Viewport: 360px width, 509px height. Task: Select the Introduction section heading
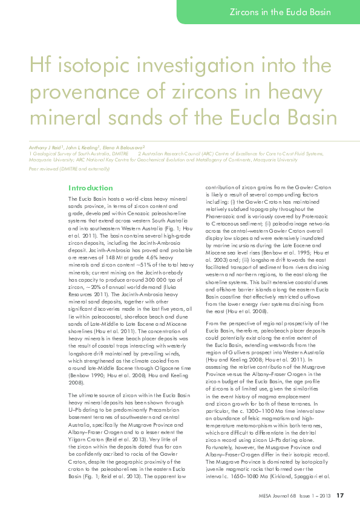pyautogui.click(x=90, y=188)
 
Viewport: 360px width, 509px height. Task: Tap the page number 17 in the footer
pyautogui.click(x=340, y=495)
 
